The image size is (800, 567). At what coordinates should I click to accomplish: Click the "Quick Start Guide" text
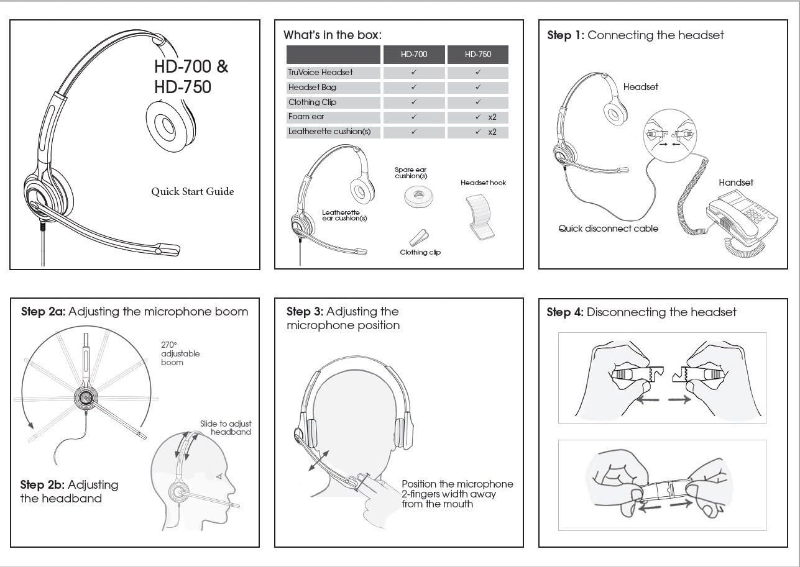(193, 192)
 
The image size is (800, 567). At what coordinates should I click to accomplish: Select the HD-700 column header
(414, 55)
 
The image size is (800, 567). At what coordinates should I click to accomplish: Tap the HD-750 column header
(477, 55)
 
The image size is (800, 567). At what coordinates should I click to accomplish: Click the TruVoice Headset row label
(321, 73)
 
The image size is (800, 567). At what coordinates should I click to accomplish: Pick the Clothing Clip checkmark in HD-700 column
(414, 102)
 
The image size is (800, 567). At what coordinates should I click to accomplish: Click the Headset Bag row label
(313, 88)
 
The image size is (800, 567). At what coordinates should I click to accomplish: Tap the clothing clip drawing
(420, 238)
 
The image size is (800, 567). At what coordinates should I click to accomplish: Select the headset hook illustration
(481, 215)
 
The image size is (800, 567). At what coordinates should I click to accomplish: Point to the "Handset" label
(735, 183)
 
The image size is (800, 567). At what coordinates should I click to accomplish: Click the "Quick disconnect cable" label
(608, 229)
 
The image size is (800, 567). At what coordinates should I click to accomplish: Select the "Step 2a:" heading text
(42, 312)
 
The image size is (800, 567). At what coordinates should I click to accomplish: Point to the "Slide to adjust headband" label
(226, 428)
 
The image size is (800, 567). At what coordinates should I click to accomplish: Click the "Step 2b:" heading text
(42, 485)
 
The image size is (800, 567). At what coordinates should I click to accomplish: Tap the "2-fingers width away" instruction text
(449, 494)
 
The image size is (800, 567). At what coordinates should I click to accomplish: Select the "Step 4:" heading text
(565, 312)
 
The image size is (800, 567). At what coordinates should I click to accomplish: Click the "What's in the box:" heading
(333, 35)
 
